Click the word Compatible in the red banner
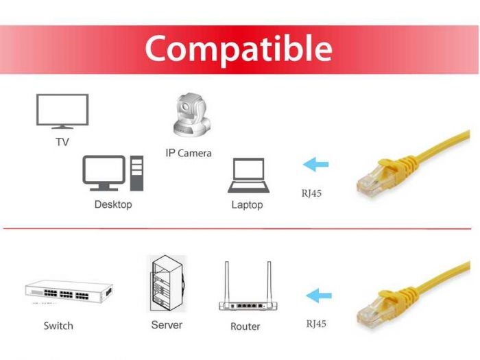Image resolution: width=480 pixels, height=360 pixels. click(239, 49)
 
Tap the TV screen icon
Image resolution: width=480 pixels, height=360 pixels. click(62, 111)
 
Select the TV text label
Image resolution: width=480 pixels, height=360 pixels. click(62, 142)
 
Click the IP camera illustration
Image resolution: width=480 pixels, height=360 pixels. click(192, 115)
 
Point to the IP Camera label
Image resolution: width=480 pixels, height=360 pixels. click(189, 153)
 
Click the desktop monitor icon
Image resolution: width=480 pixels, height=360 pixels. click(104, 173)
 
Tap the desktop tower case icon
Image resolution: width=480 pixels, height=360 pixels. click(136, 173)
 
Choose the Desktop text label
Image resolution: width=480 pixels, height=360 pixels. click(113, 204)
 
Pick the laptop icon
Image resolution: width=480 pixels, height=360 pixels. click(248, 176)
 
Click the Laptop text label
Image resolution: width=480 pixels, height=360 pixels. click(247, 205)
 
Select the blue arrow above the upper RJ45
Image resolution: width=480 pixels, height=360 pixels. click(315, 165)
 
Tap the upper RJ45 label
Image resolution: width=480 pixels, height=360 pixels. click(311, 193)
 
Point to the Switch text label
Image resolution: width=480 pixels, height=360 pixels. click(58, 326)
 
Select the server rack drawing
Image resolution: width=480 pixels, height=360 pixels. click(167, 283)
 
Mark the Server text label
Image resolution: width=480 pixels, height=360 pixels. click(167, 325)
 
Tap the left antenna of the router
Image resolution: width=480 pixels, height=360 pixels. click(227, 283)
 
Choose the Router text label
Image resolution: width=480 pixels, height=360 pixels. click(245, 326)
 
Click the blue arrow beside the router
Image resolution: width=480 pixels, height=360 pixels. click(319, 296)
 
